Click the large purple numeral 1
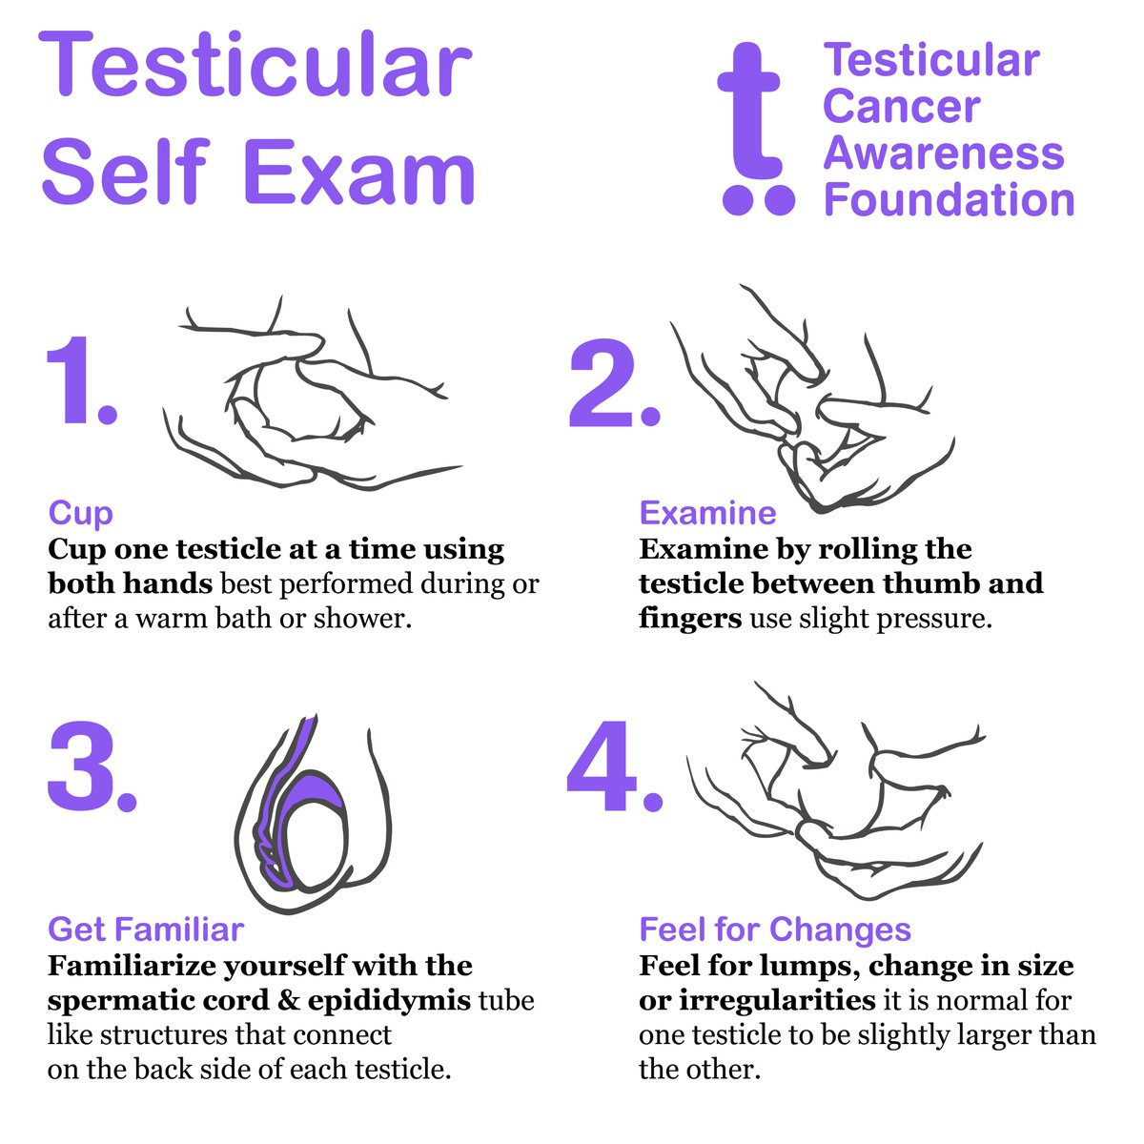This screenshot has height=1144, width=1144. click(69, 380)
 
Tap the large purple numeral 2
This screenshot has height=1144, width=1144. click(601, 382)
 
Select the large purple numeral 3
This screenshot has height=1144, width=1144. click(81, 766)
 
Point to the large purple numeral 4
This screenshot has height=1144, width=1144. click(602, 766)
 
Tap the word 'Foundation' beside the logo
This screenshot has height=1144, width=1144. click(949, 199)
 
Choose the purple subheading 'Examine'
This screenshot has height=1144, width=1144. click(707, 513)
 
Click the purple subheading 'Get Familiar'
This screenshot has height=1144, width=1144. click(146, 929)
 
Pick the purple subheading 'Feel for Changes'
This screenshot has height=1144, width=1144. click(775, 929)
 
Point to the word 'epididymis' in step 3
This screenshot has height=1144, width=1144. click(389, 1001)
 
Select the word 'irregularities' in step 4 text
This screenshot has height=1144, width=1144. click(777, 1001)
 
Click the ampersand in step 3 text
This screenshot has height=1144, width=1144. click(289, 1001)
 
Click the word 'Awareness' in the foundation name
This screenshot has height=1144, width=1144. click(944, 153)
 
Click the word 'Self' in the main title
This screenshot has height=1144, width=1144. click(126, 171)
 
